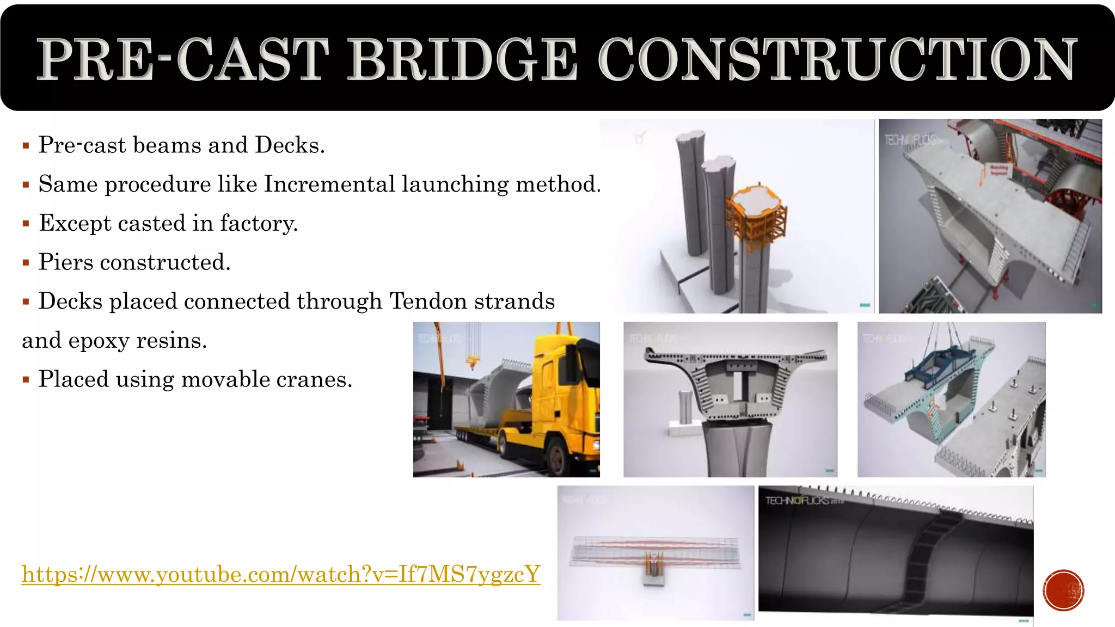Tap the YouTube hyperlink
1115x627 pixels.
coord(281,574)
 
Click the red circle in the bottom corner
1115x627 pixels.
coord(1063,591)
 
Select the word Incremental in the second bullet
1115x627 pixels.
coord(329,185)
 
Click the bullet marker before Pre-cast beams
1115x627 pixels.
coord(26,146)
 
